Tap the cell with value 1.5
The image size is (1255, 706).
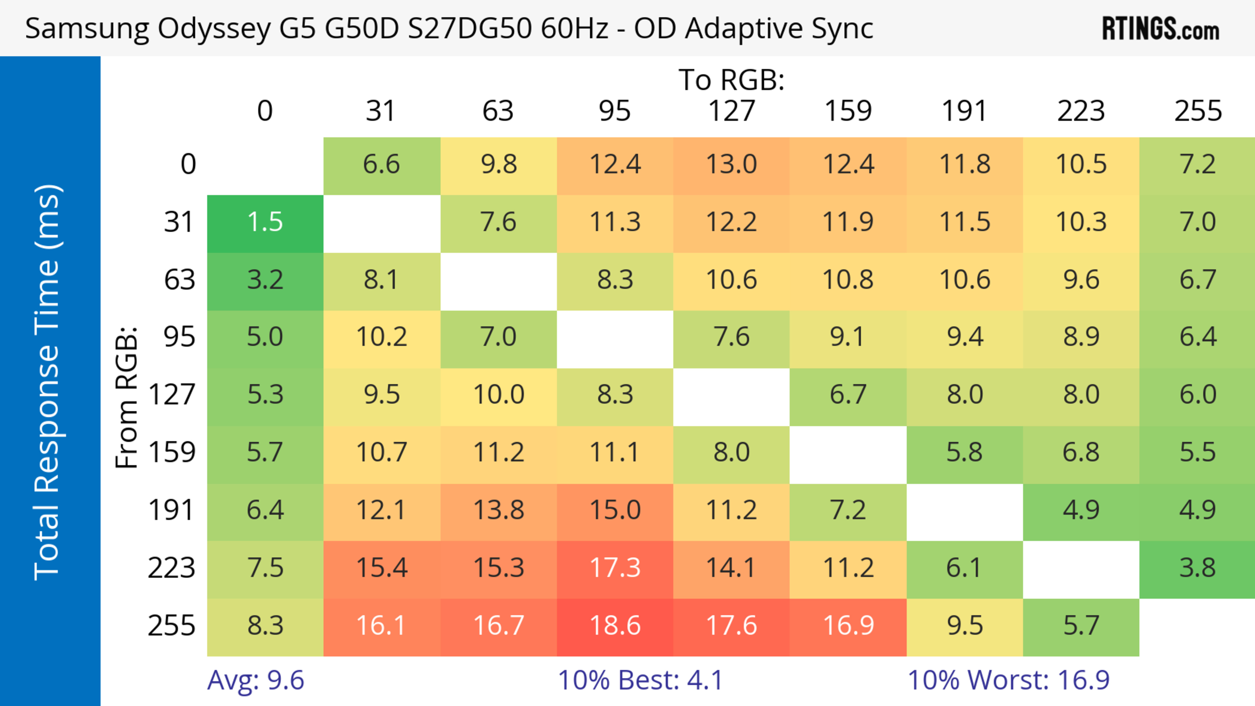coord(265,222)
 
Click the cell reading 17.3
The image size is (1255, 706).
coord(615,568)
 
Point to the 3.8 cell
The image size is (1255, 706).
coord(1197,568)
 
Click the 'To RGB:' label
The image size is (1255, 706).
coord(731,80)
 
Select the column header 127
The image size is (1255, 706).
coord(731,111)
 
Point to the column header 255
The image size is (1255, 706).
coord(1197,111)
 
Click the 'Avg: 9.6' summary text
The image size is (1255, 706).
coord(255,680)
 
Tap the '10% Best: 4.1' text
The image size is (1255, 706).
coord(640,680)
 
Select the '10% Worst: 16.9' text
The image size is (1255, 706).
coord(1008,680)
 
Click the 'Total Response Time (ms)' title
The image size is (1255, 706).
coord(48,382)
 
